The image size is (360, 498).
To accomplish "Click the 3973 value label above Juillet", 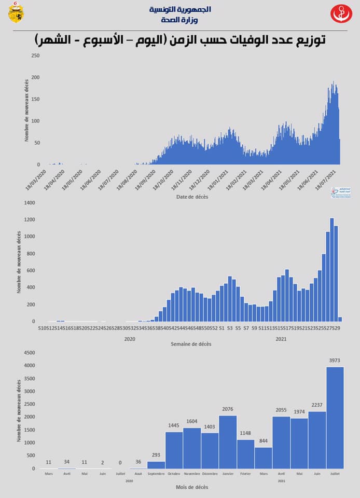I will coord(335,360).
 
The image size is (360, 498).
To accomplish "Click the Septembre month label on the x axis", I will coord(156,474).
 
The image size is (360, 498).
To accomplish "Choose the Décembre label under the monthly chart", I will coord(210,474).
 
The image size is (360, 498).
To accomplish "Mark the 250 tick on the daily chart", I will coord(35,56).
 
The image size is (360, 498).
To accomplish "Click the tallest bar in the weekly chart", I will coord(332,270).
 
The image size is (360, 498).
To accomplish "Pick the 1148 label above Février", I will coord(245,433).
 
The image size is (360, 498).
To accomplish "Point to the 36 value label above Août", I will coord(137,462).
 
